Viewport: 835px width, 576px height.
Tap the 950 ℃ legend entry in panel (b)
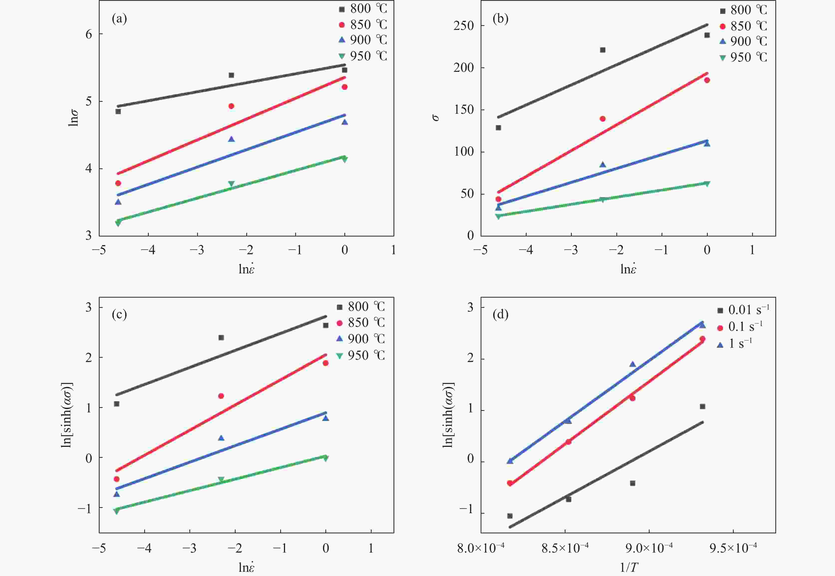(x=743, y=57)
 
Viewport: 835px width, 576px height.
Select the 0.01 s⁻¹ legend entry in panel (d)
(x=743, y=309)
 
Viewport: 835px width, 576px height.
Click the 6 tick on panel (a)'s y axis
(x=89, y=34)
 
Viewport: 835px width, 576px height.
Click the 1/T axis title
(x=629, y=567)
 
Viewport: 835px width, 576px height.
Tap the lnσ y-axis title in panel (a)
(x=73, y=118)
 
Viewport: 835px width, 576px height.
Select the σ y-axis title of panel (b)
(x=436, y=118)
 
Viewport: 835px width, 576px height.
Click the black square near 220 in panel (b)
(x=602, y=50)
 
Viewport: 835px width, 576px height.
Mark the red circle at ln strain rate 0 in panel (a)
(x=345, y=87)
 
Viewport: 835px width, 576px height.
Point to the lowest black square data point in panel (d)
(x=510, y=516)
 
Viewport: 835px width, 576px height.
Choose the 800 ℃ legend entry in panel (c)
(x=361, y=307)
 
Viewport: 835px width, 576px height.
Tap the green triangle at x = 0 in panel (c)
(x=326, y=458)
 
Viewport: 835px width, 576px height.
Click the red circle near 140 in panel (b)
(x=602, y=119)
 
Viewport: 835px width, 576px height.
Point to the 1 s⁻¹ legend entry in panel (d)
(x=735, y=343)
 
